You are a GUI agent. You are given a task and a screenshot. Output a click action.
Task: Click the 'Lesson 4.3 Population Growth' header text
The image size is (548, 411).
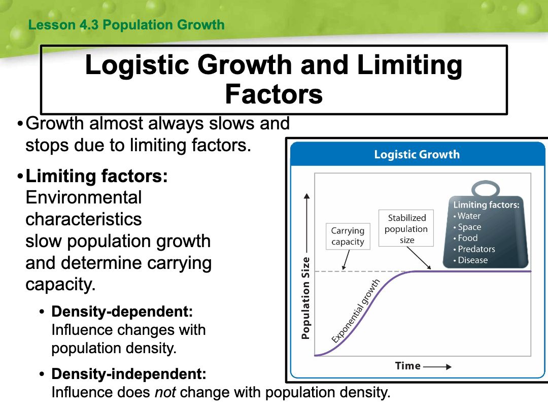126,25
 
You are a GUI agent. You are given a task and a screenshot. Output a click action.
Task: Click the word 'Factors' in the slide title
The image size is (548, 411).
273,94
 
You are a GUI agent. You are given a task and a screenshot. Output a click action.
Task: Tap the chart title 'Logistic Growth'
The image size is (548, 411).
417,154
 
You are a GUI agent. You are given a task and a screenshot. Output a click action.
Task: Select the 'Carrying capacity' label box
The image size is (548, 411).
348,236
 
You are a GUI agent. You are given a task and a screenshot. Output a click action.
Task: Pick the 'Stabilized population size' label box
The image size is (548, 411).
406,228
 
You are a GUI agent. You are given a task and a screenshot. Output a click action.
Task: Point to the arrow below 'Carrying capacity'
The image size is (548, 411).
346,260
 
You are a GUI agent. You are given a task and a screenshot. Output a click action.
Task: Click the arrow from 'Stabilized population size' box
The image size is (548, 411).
419,258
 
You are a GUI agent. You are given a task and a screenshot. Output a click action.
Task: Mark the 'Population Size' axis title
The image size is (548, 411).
305,298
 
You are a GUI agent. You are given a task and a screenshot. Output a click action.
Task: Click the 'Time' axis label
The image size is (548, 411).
407,365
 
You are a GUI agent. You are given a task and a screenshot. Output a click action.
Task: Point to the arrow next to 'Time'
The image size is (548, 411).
437,367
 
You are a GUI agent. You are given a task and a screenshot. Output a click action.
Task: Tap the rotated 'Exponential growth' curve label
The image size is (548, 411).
355,311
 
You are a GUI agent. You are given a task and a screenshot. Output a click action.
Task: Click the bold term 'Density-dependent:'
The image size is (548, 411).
122,312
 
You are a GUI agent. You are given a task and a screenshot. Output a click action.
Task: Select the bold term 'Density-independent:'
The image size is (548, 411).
128,374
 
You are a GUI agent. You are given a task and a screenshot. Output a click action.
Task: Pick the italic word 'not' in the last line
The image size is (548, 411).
165,392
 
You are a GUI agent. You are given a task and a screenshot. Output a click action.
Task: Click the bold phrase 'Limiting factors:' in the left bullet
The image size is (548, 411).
96,176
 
